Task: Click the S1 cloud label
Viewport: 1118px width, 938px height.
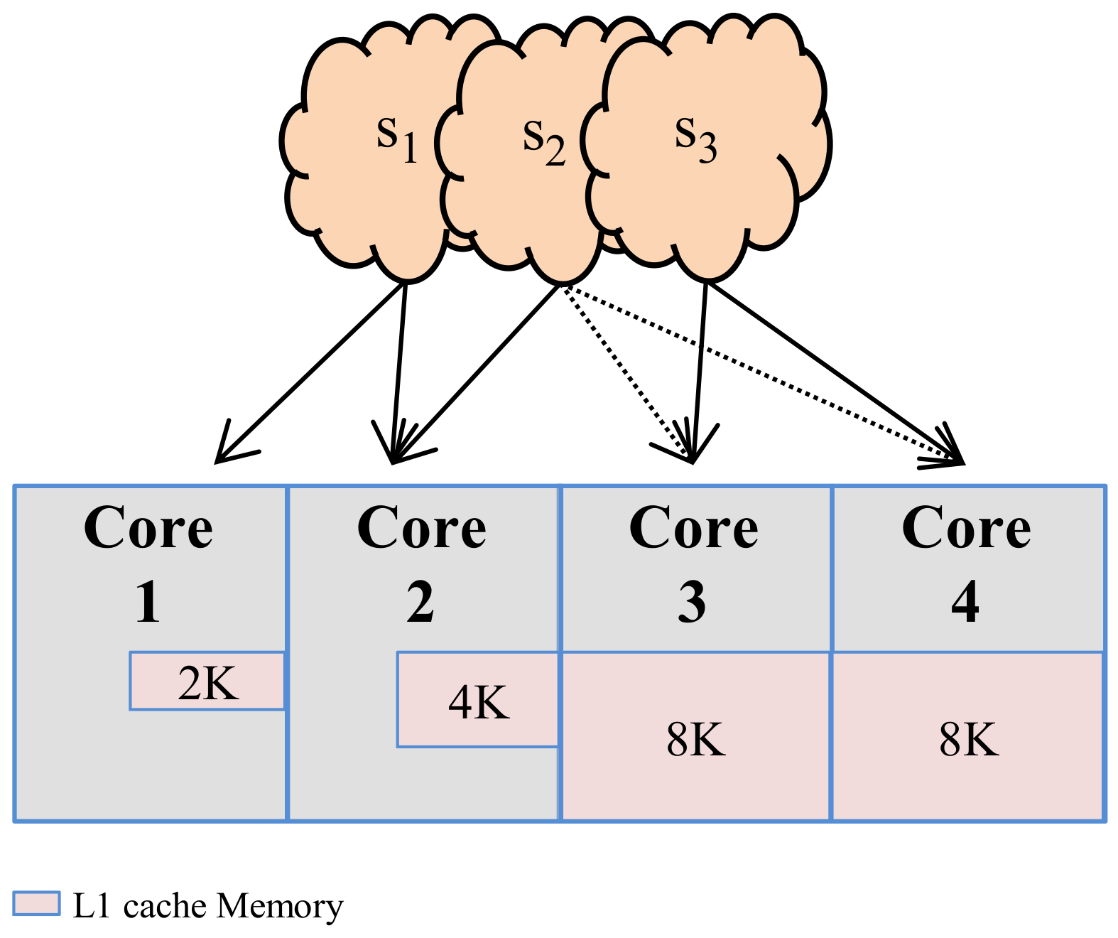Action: click(396, 139)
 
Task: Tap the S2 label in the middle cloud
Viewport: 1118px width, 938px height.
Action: click(543, 143)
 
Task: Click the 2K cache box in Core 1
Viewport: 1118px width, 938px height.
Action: click(207, 682)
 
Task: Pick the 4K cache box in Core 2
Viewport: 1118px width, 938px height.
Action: click(478, 701)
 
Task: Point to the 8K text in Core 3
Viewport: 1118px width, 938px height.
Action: click(695, 739)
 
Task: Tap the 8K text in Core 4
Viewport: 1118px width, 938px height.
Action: click(968, 739)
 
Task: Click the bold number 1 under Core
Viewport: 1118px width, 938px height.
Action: click(148, 603)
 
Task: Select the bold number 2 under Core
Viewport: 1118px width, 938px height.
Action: click(420, 603)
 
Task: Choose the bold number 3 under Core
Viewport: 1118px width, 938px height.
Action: click(692, 603)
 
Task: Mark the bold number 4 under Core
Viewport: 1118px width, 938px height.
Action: click(965, 603)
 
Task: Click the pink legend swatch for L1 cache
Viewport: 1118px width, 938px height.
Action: click(36, 903)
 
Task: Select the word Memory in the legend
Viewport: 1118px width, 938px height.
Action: click(280, 906)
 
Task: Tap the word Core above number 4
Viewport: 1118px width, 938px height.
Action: click(966, 529)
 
